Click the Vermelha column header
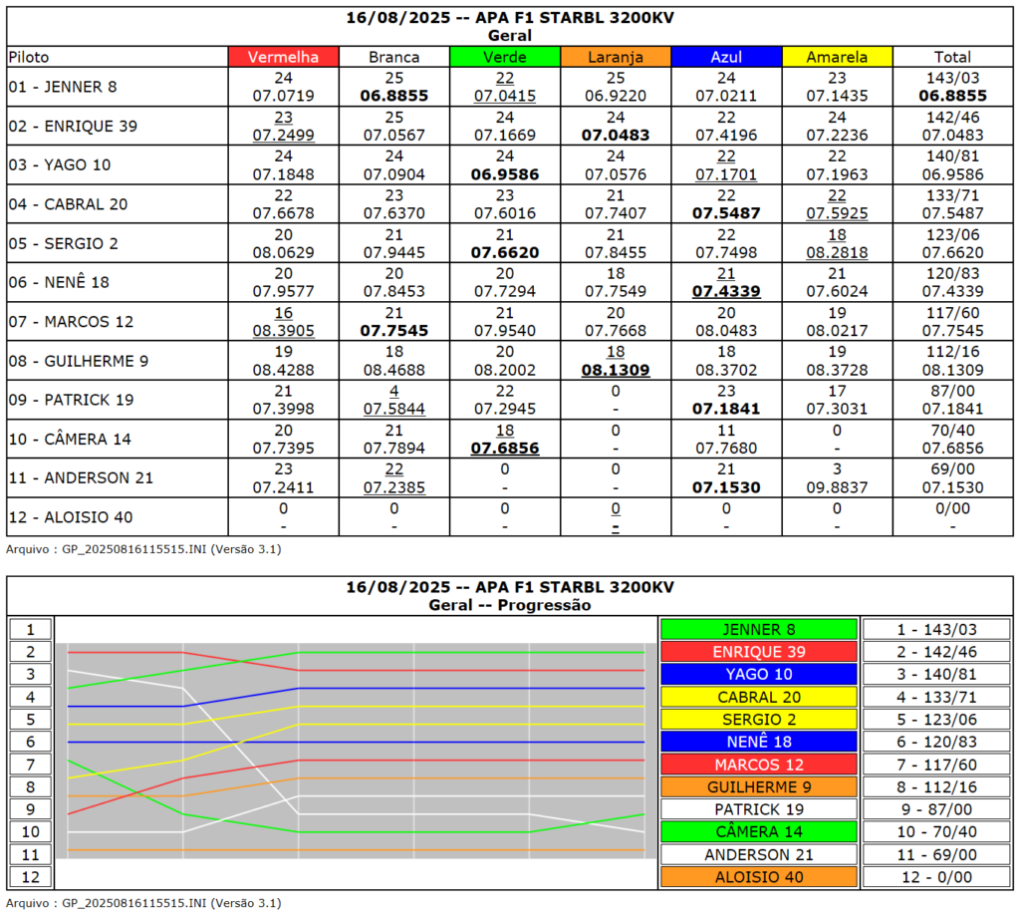coord(283,57)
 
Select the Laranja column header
coord(616,57)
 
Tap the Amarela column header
coord(837,57)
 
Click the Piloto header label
coord(28,57)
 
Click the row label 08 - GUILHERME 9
coord(78,361)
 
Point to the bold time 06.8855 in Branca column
coord(394,96)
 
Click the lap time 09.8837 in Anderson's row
coord(837,487)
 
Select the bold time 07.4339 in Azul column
coord(726,291)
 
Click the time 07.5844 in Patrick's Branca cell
coord(394,409)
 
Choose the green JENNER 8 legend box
coord(758,629)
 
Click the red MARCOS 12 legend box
coord(758,765)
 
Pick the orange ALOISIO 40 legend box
coord(758,877)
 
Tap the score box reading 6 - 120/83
coord(936,742)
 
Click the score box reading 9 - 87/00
coord(936,809)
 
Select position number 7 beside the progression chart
coord(30,765)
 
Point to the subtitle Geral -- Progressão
coord(509,604)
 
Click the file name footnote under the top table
coord(143,548)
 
